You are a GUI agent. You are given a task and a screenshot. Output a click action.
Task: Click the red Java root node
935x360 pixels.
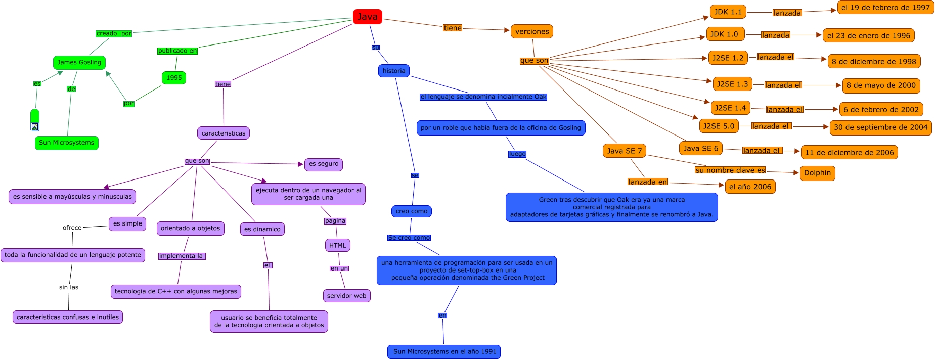(367, 17)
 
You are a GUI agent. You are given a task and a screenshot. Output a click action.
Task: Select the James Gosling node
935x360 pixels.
(79, 62)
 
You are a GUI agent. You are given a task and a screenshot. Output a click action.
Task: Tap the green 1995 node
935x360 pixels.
(174, 78)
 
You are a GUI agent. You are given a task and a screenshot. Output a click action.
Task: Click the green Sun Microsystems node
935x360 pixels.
(66, 143)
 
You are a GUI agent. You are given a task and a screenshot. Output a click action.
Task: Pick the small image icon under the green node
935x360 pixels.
(35, 127)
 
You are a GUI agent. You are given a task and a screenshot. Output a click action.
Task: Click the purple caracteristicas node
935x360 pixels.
(223, 133)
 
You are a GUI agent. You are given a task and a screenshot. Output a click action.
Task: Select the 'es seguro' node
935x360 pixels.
(324, 164)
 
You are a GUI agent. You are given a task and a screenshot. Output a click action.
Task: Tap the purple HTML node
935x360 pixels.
(337, 246)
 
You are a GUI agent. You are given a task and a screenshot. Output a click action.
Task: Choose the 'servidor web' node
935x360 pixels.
(346, 296)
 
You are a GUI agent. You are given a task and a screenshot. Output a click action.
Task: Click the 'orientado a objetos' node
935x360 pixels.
(191, 228)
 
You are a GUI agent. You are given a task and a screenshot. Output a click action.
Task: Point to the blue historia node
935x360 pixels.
(393, 71)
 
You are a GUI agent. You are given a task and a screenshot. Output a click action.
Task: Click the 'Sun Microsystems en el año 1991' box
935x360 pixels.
(444, 351)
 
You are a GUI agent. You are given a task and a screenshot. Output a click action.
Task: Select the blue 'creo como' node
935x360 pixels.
(411, 211)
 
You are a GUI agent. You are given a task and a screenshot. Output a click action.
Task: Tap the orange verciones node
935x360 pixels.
(532, 31)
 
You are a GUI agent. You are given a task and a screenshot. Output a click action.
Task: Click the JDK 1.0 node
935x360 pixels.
(725, 34)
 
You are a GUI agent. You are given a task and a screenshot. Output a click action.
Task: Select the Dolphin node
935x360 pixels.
(817, 173)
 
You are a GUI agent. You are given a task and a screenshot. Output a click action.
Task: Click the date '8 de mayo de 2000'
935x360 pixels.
(881, 85)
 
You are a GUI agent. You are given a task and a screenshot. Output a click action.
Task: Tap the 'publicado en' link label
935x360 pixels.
(177, 51)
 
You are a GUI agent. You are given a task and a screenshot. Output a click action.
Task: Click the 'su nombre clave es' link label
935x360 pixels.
(730, 170)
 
